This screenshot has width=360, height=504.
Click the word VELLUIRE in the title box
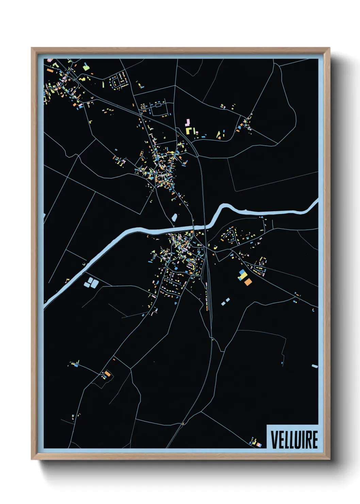click(x=294, y=440)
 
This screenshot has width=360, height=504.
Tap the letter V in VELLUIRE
click(x=274, y=440)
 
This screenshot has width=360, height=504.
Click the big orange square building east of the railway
click(x=248, y=282)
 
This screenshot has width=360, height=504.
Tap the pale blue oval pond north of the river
click(x=175, y=217)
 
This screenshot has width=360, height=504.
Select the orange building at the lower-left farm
click(x=108, y=374)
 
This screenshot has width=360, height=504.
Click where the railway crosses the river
click(x=205, y=226)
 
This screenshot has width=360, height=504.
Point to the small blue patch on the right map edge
click(x=314, y=366)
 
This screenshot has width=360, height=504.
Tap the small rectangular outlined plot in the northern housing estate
click(x=158, y=105)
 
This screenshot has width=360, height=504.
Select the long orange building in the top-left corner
click(x=50, y=71)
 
